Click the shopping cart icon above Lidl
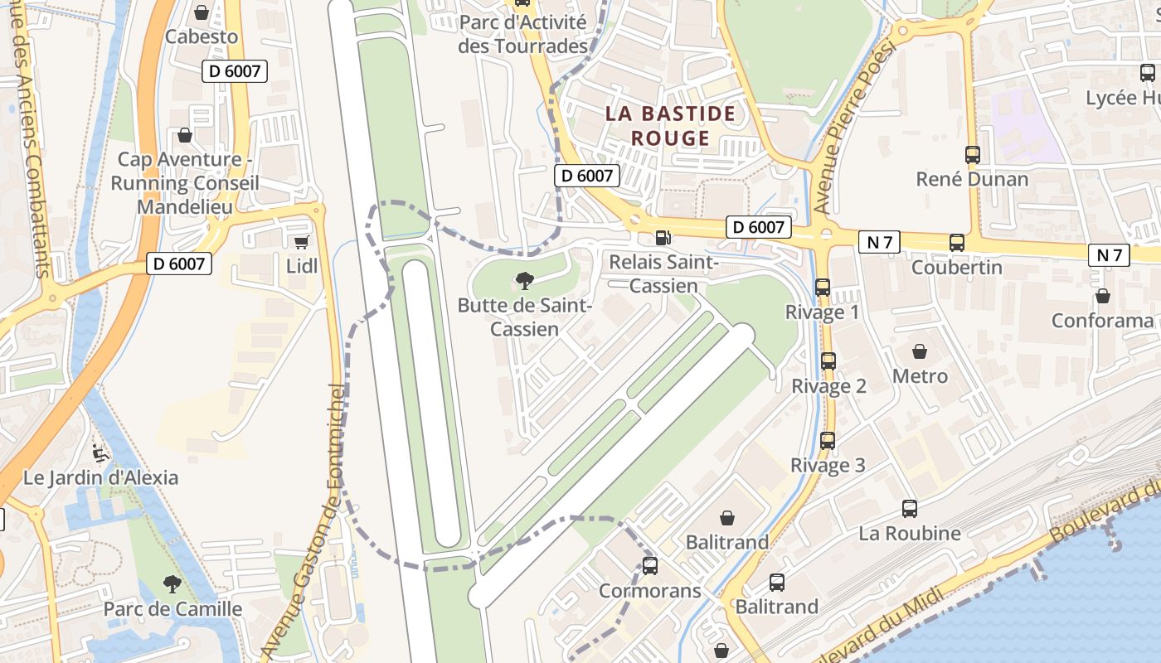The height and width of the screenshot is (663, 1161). click(301, 242)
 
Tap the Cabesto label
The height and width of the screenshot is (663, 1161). click(202, 36)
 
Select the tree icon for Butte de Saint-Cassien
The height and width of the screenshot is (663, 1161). click(524, 281)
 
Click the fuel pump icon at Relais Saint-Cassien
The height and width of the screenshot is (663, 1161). click(663, 238)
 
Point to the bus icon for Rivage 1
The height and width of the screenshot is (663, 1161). click(823, 288)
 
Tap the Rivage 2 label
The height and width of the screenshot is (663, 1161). click(828, 386)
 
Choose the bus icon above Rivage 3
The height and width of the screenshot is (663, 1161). click(828, 441)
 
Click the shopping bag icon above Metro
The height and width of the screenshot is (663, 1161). click(920, 351)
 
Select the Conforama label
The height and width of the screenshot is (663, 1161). click(1102, 320)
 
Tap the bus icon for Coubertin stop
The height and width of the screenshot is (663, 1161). click(957, 243)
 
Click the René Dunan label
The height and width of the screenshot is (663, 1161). click(972, 179)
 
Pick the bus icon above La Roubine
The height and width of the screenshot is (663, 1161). click(910, 509)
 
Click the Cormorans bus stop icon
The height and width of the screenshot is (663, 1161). click(650, 566)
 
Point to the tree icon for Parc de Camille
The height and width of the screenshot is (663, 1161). click(172, 584)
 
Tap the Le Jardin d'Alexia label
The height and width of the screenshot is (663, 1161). click(100, 477)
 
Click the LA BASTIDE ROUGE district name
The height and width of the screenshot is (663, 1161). click(670, 125)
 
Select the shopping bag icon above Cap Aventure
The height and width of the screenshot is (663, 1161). click(185, 135)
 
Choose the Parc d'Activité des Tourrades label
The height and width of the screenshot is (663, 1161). click(522, 35)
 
